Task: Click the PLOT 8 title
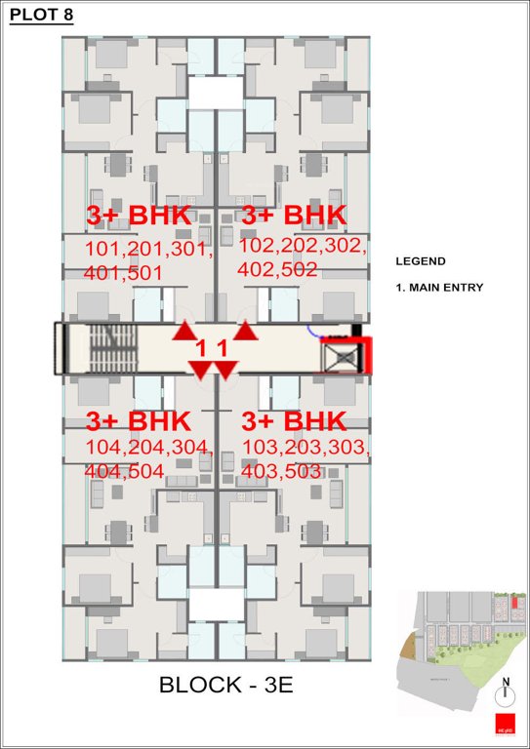tap(41, 16)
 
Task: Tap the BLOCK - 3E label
tap(225, 686)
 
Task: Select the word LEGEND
tap(420, 261)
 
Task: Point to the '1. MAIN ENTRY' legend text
tap(439, 288)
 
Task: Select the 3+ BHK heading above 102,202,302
tap(294, 215)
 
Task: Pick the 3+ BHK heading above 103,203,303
tap(294, 421)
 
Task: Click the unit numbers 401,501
tap(124, 273)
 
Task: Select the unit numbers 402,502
tap(278, 270)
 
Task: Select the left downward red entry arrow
tap(200, 370)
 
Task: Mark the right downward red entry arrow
tap(226, 370)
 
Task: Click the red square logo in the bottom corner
tap(504, 727)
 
